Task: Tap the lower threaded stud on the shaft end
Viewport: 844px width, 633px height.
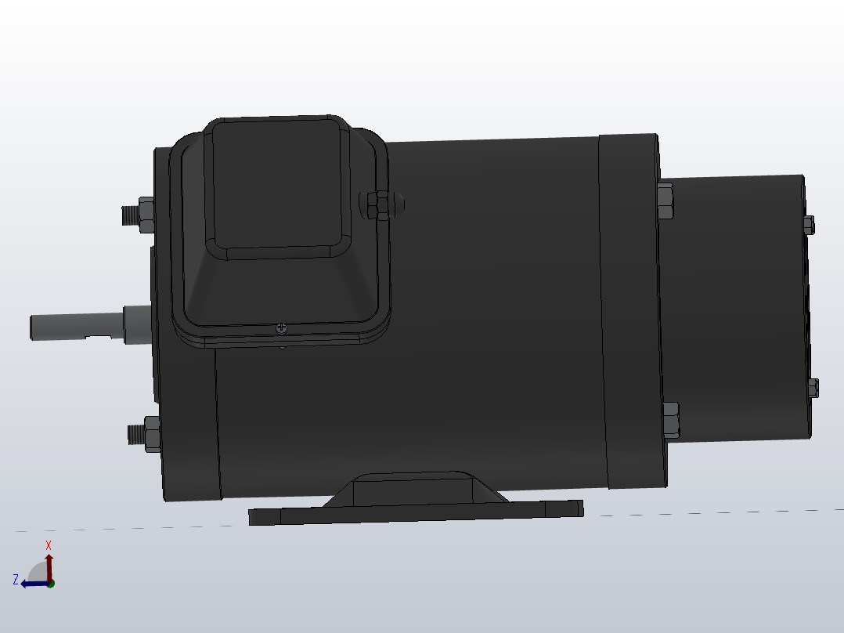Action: point(136,432)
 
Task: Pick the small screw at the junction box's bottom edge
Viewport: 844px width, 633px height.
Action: point(281,329)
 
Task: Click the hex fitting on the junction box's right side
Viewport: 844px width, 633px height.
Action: point(378,205)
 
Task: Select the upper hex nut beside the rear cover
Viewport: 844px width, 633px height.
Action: point(665,201)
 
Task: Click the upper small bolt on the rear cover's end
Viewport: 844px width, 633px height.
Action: point(809,225)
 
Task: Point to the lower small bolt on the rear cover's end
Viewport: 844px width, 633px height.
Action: point(813,388)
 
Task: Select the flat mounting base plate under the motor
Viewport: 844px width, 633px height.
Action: point(415,512)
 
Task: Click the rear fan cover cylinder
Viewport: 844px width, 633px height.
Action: point(736,306)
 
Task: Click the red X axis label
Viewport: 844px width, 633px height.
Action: point(49,545)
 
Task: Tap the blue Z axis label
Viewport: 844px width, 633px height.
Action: point(16,580)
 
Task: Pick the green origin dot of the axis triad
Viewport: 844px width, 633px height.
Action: point(50,583)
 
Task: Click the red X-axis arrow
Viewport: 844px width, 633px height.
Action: point(49,566)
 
